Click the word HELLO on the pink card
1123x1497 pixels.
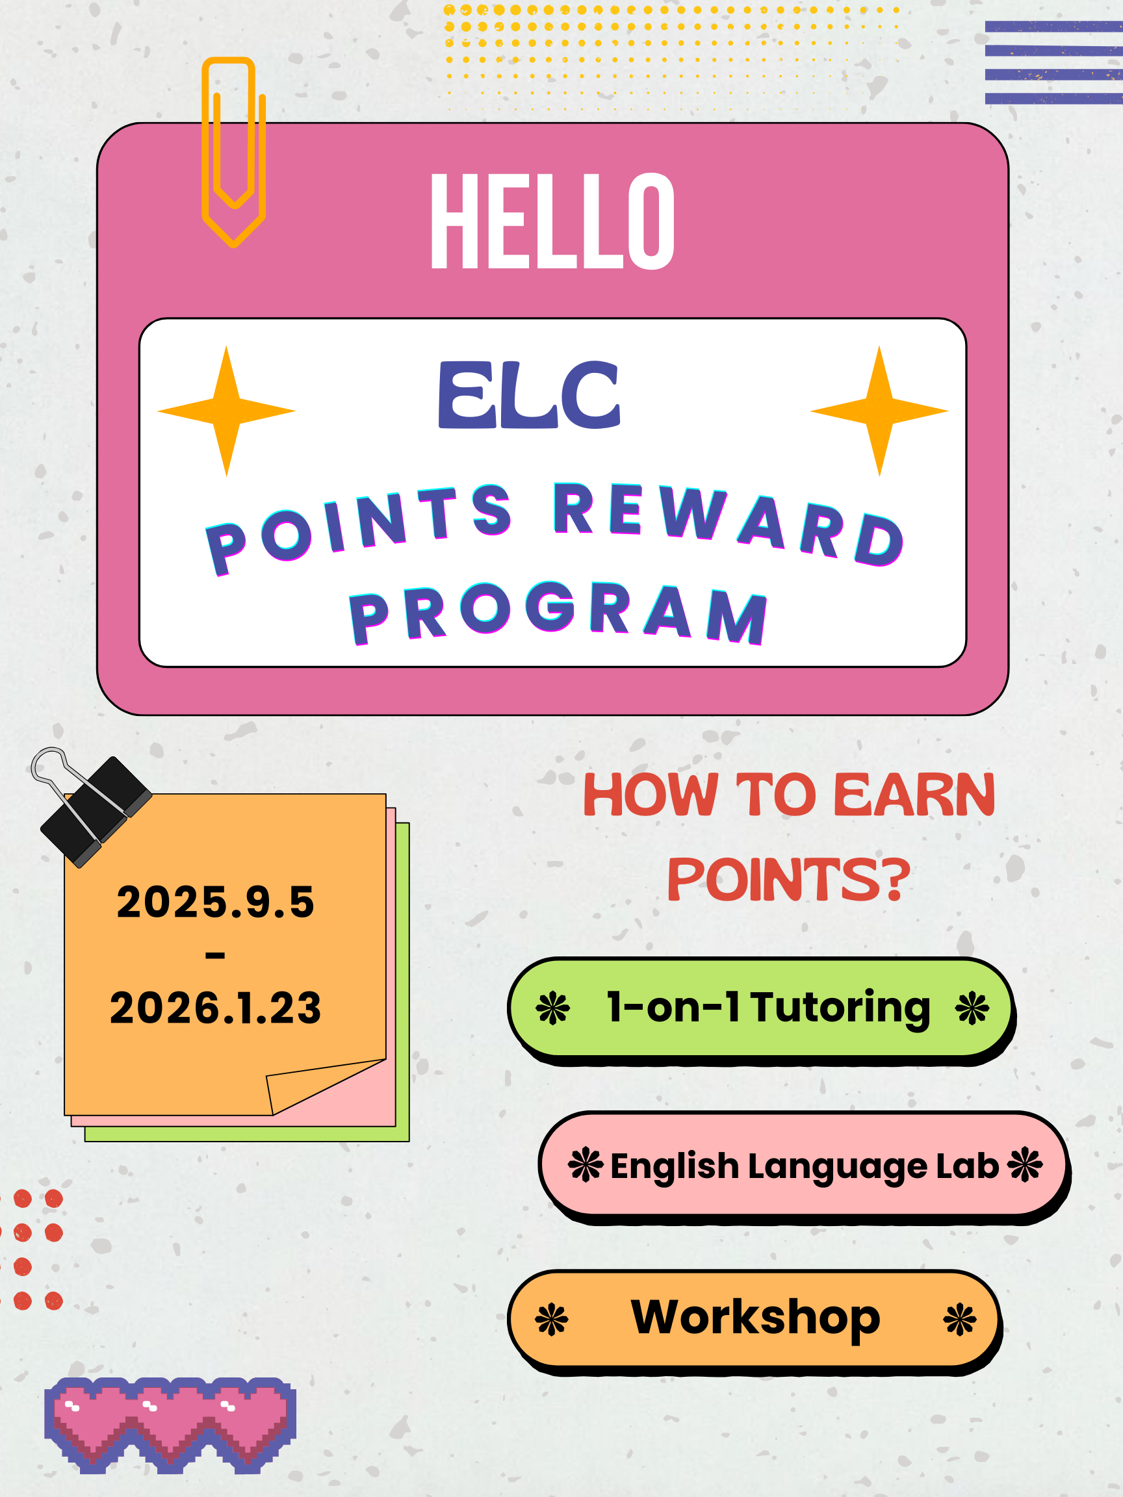552,221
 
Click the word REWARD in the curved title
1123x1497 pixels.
729,524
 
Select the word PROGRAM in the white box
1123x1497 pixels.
558,613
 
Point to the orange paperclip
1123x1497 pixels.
233,152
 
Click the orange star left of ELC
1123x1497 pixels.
226,411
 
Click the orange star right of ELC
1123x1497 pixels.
879,411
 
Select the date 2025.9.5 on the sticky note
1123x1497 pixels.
215,902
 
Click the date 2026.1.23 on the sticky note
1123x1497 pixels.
215,1008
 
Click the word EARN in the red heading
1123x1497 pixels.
914,796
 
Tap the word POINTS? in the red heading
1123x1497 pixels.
788,880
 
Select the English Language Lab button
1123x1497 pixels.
805,1167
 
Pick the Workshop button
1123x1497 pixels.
755,1322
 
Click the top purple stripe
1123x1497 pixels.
1054,27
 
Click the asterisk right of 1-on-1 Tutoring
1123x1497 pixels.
972,1008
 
